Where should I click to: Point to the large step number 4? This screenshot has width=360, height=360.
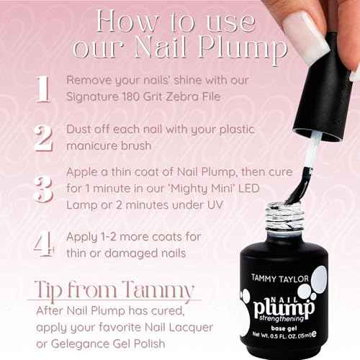(x=42, y=243)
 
